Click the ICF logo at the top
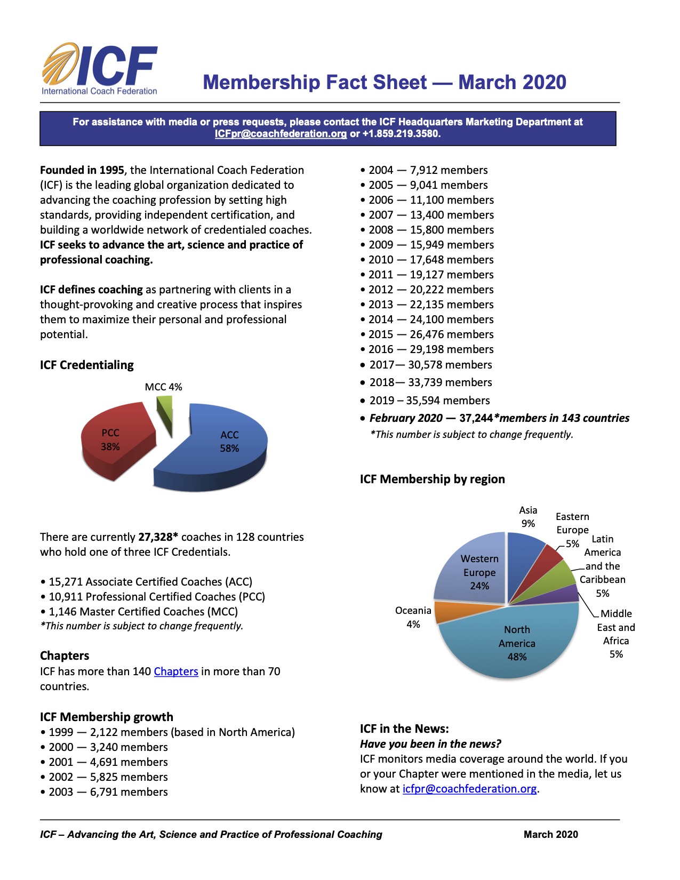click(100, 69)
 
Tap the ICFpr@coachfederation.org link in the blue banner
click(281, 134)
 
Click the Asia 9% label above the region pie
click(528, 517)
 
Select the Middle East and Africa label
click(616, 634)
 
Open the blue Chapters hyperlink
click(176, 671)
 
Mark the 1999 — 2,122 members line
click(167, 732)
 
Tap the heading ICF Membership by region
click(432, 479)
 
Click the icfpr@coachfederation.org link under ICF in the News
click(469, 789)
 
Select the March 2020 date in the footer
click(550, 835)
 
